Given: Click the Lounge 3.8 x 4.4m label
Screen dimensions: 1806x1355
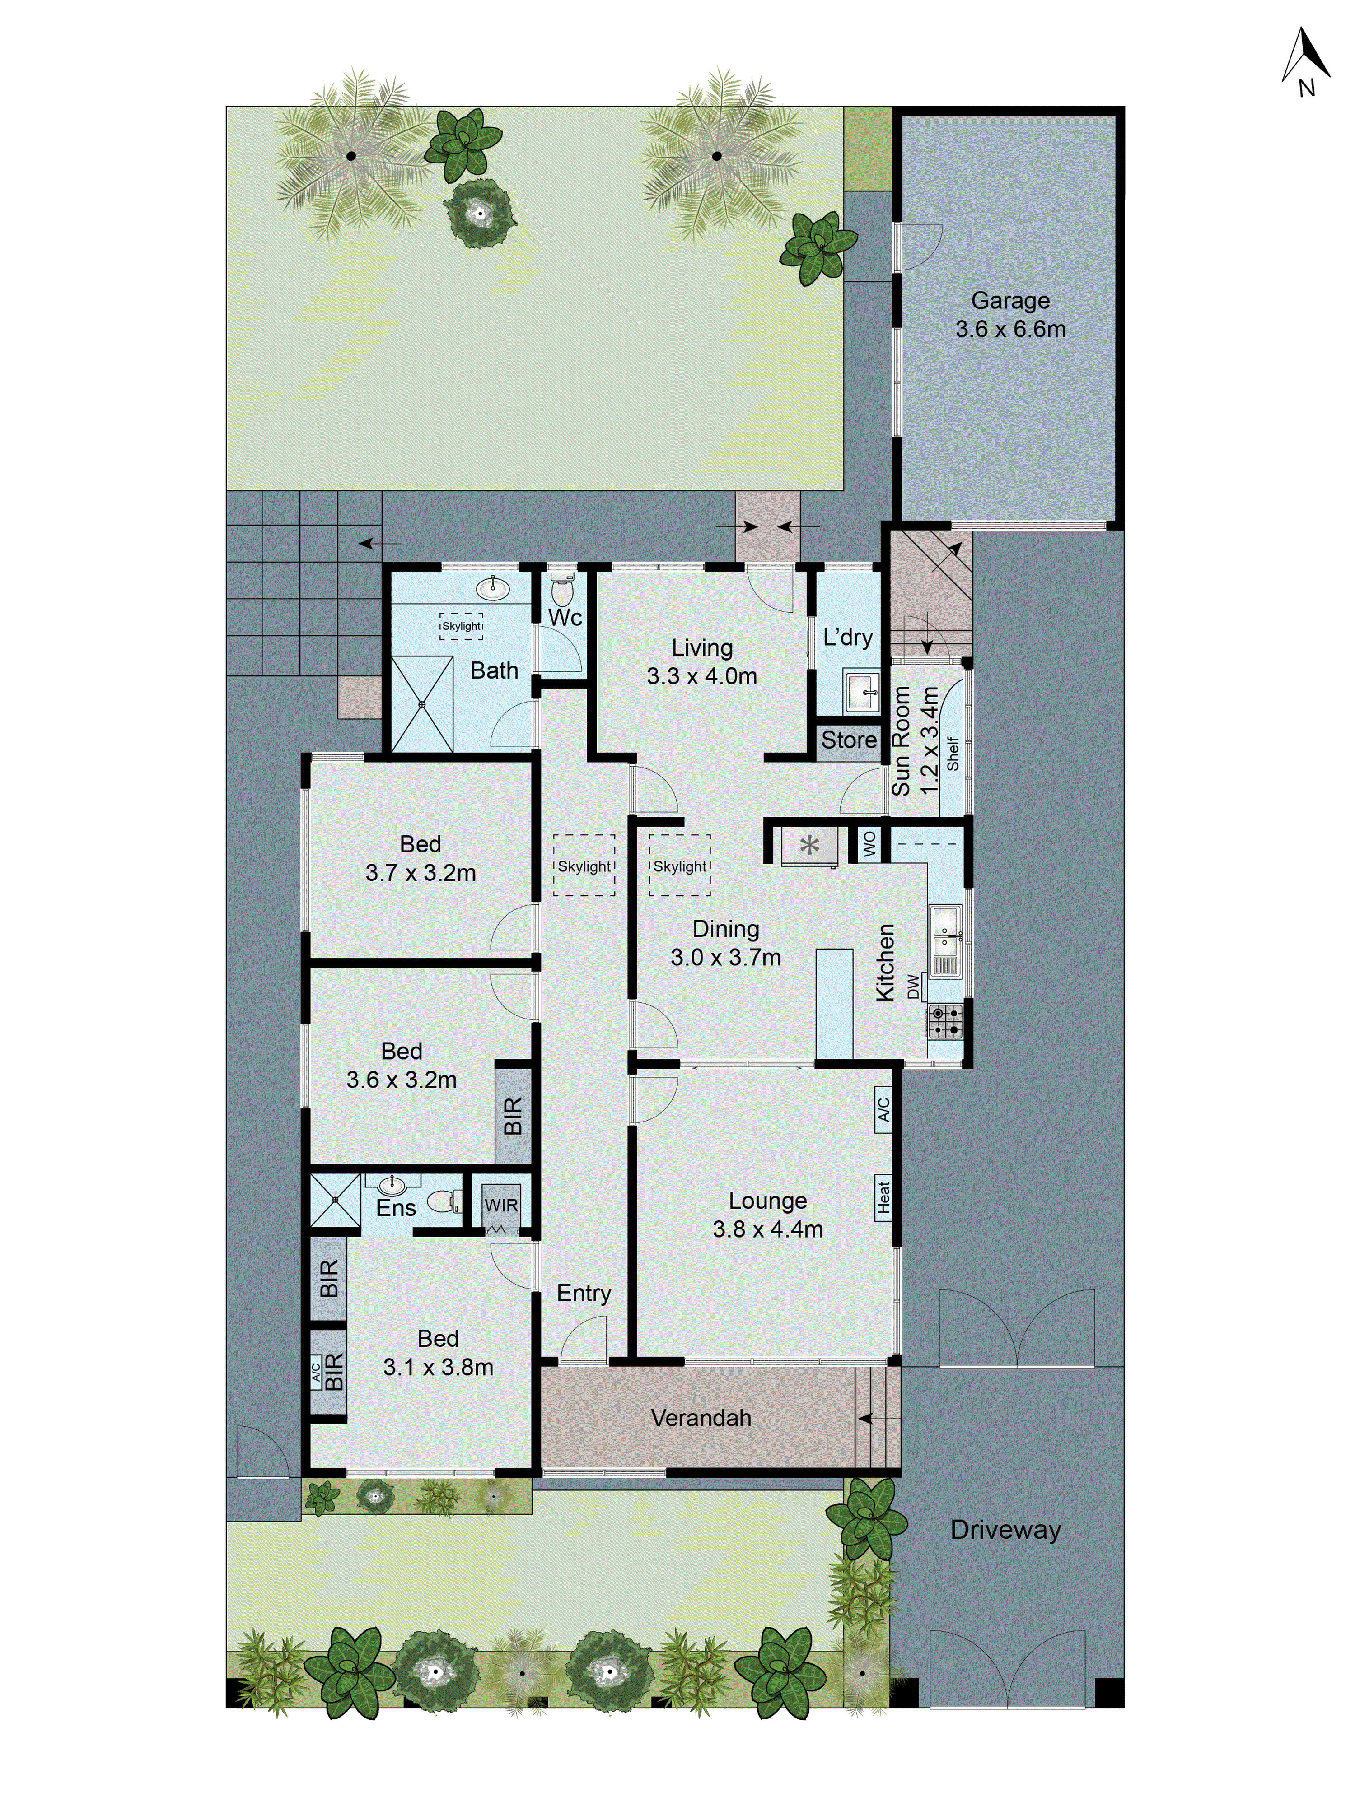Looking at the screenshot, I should [768, 1215].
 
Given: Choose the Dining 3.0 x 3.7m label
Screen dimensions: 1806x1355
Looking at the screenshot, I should [725, 943].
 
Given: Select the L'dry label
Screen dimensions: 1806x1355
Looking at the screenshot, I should [848, 638].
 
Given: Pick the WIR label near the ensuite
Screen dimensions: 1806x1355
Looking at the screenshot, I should [500, 1205].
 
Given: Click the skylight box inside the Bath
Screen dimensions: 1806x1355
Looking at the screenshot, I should [462, 626].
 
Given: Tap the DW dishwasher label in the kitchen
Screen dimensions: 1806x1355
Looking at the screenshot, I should [913, 987].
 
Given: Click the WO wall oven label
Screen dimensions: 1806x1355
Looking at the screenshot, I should [869, 843].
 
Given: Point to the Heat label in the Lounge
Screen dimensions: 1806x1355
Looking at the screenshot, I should [883, 1197].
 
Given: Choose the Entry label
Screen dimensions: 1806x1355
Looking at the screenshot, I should [583, 1293].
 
